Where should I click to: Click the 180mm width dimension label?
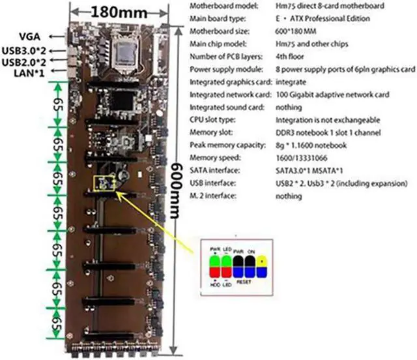118,12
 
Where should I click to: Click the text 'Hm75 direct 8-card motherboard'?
299,6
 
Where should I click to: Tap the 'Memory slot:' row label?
210,133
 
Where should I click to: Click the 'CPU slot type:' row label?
211,120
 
